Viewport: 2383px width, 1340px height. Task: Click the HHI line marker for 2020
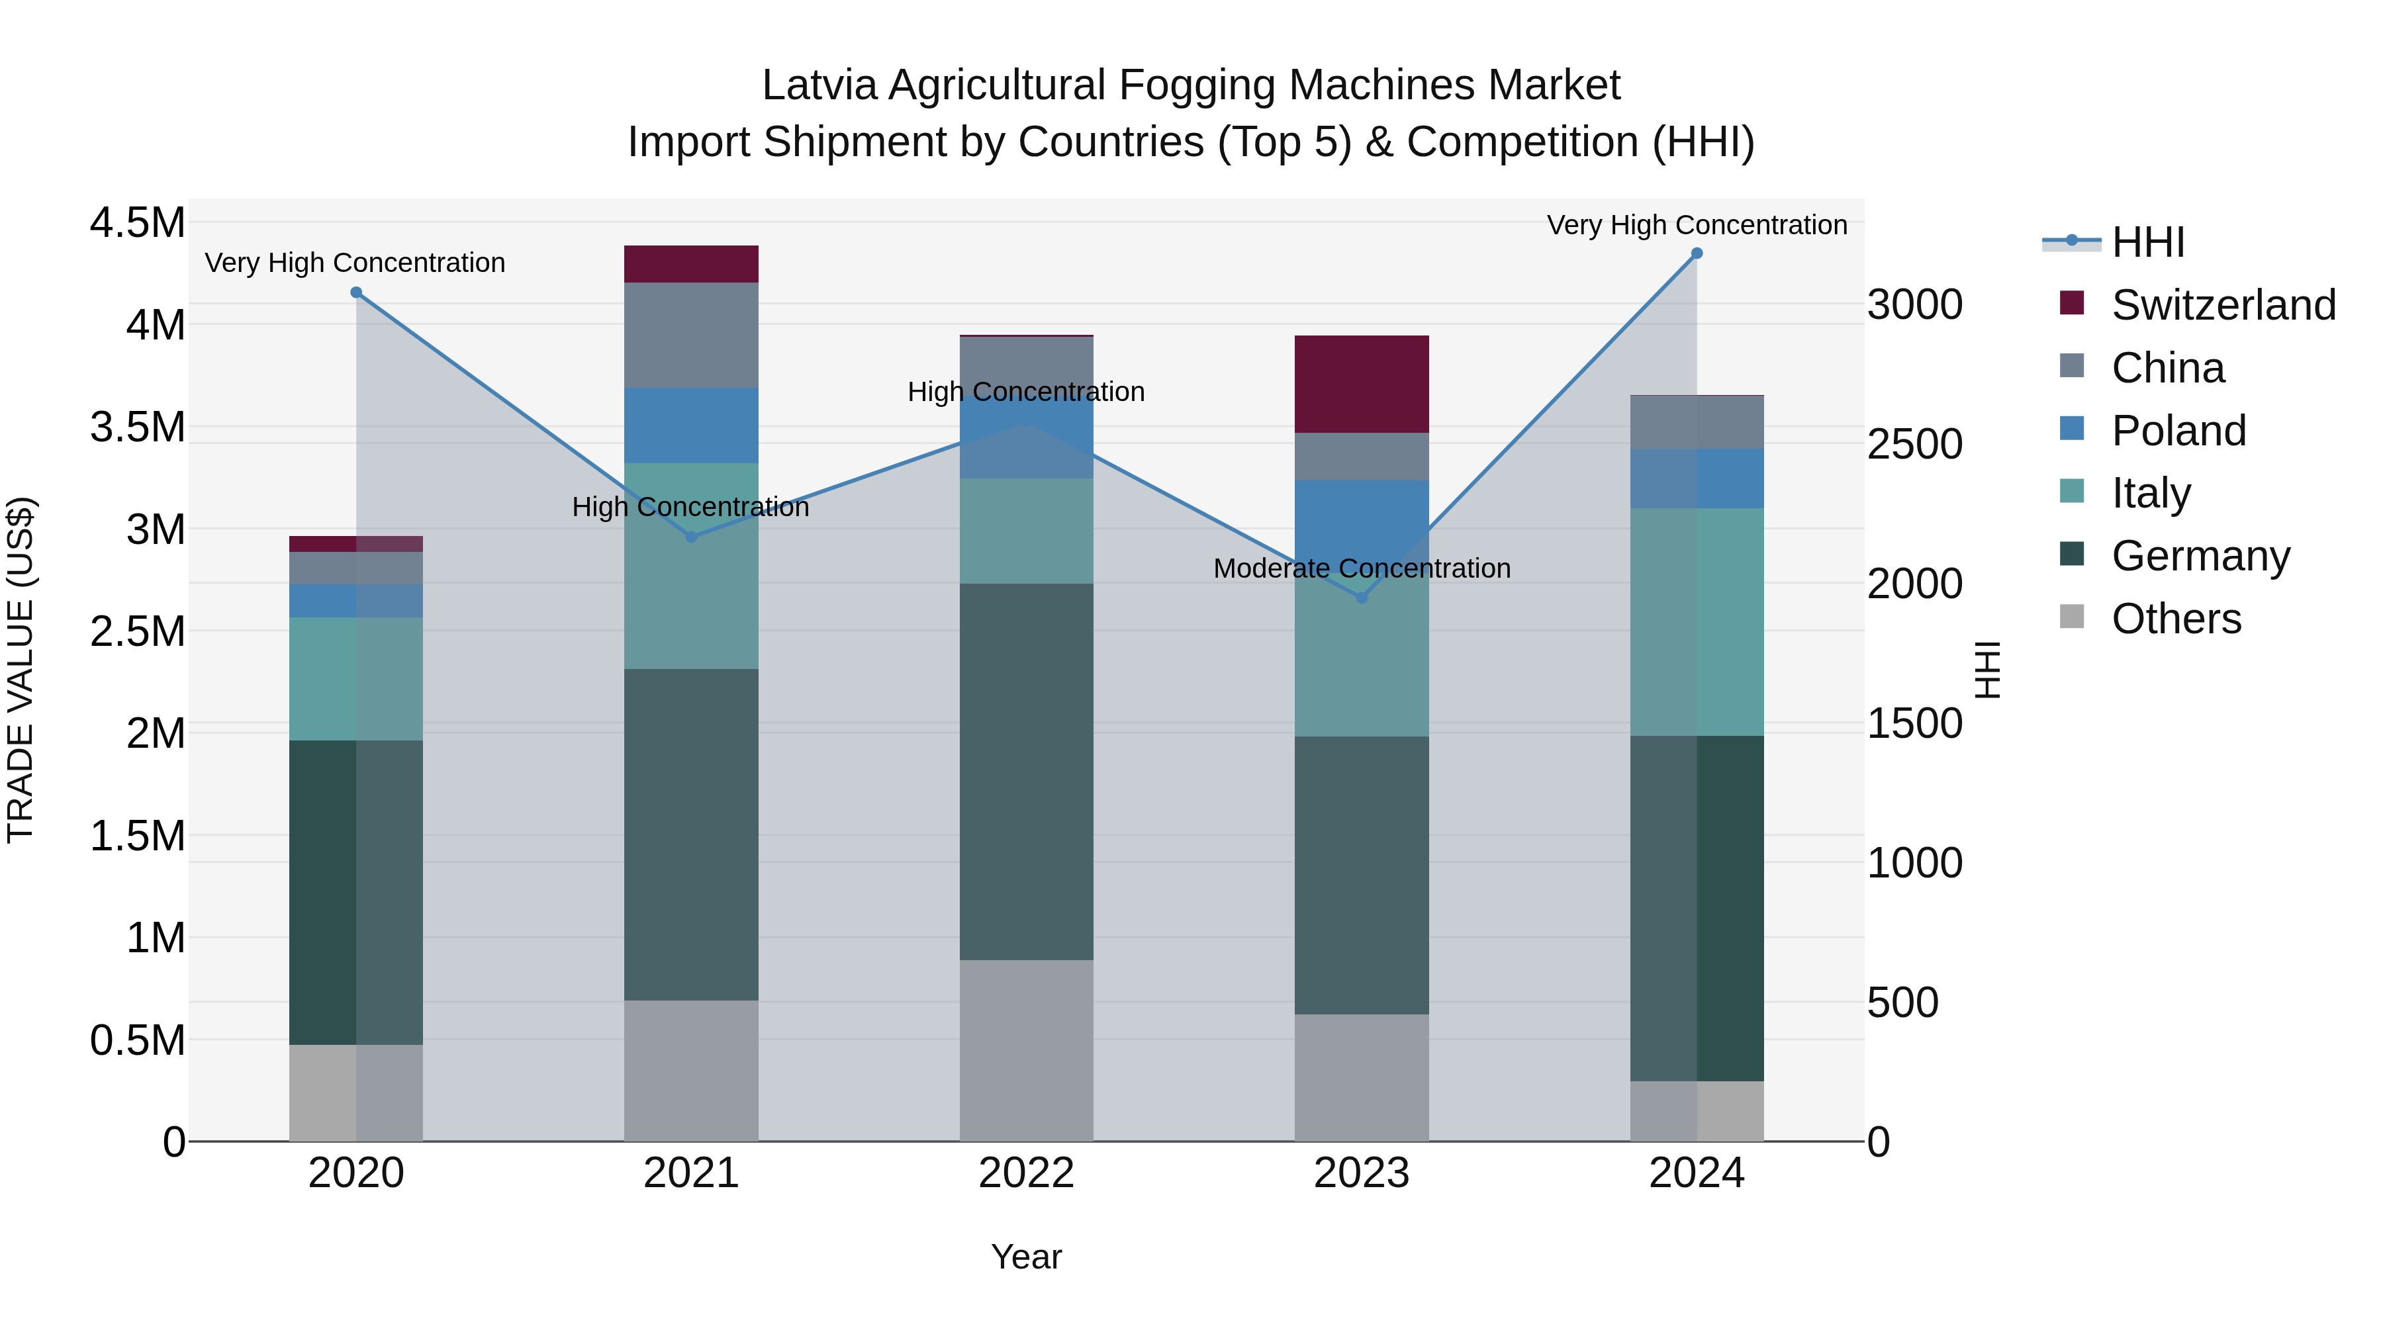point(356,293)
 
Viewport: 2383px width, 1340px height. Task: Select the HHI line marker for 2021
point(691,537)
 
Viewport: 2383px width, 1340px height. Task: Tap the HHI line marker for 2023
point(1362,598)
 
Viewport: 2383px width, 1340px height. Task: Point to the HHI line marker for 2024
point(1697,253)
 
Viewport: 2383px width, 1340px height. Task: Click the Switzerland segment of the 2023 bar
point(1362,384)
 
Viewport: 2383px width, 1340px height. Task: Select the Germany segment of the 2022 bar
point(1026,772)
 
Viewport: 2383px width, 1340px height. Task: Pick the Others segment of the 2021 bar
point(691,1070)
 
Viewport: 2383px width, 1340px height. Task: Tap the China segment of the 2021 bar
point(691,335)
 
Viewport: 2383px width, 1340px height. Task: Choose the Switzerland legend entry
point(2223,305)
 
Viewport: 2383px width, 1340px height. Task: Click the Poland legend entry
point(2178,431)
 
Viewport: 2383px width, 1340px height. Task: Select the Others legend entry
point(2176,619)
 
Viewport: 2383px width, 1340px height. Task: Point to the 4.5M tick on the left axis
point(137,223)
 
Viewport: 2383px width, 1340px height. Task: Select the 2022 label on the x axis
point(1026,1173)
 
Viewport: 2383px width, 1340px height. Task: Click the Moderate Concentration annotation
point(1362,568)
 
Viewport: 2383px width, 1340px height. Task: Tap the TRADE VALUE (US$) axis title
point(21,670)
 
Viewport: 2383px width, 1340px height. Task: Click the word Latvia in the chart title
point(819,85)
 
